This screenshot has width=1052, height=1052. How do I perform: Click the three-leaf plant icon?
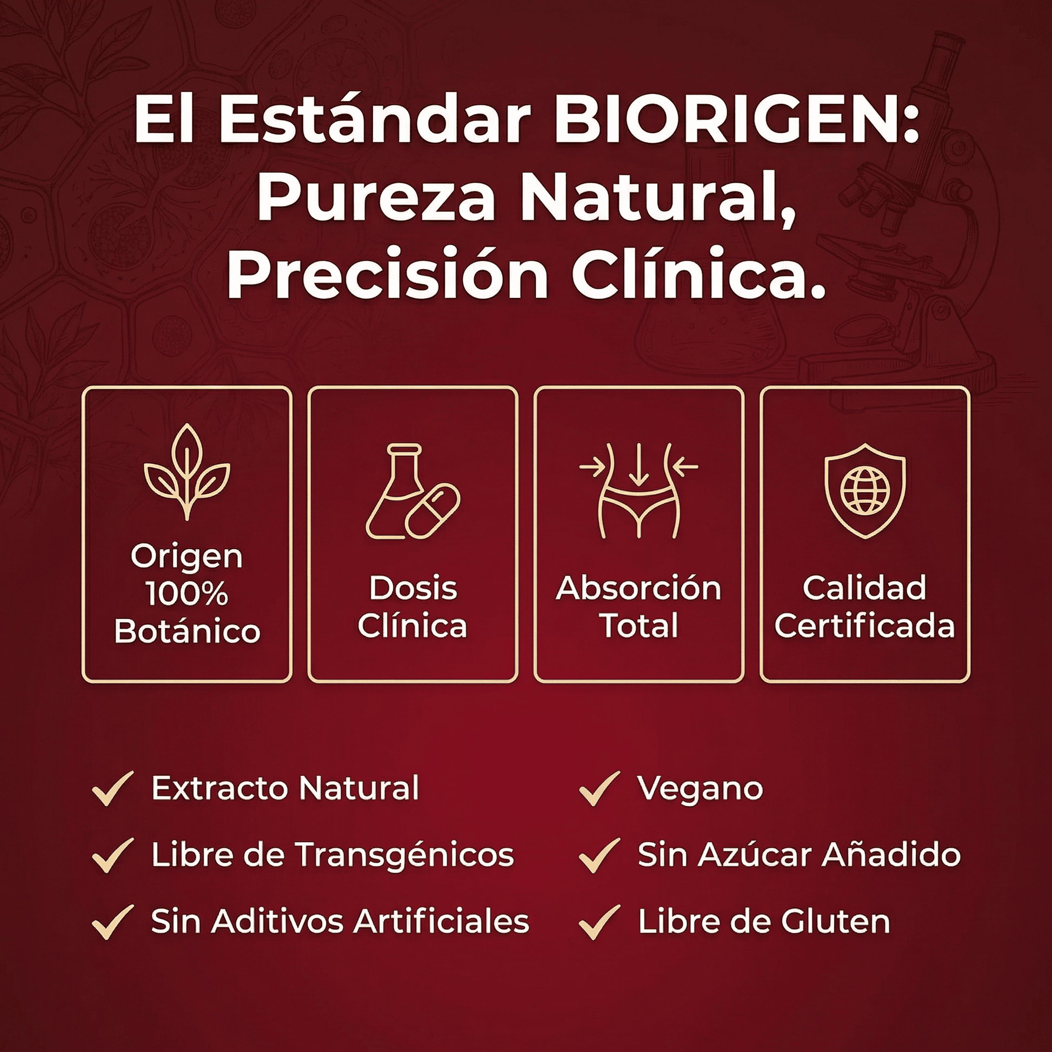pyautogui.click(x=187, y=471)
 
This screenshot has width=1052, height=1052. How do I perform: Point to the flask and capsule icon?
pyautogui.click(x=412, y=492)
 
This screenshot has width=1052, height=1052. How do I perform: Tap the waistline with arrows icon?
pyautogui.click(x=639, y=491)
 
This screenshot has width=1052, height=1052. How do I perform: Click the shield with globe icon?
pyautogui.click(x=865, y=491)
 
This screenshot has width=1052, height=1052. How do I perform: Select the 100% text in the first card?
pyautogui.click(x=187, y=594)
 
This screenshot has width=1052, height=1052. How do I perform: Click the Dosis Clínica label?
pyautogui.click(x=412, y=607)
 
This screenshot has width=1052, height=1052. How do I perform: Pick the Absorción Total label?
pyautogui.click(x=639, y=607)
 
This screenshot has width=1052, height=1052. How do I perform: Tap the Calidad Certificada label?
pyautogui.click(x=865, y=607)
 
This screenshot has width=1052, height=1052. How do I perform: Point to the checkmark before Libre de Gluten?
pyautogui.click(x=600, y=922)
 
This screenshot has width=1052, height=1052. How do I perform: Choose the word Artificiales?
pyautogui.click(x=441, y=922)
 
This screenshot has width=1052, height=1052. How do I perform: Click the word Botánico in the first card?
pyautogui.click(x=187, y=631)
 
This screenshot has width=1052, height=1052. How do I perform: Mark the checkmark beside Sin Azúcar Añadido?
pyautogui.click(x=600, y=855)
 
